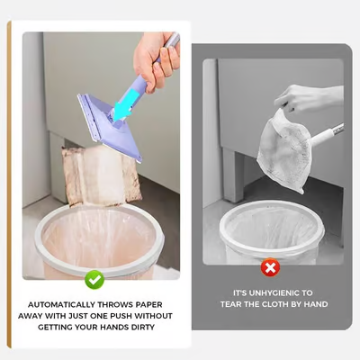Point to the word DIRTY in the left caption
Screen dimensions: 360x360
click(x=141, y=327)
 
